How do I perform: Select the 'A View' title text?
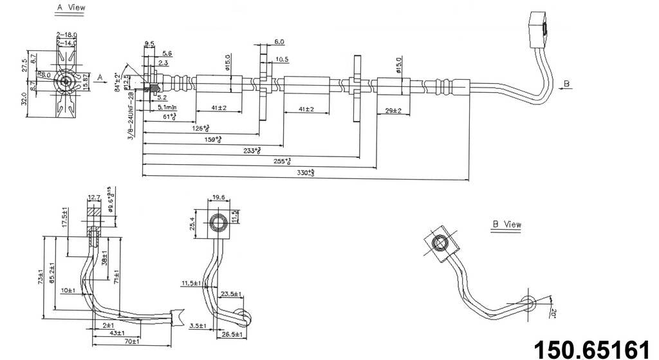71,8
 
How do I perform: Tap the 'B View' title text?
506,225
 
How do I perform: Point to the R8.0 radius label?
44,75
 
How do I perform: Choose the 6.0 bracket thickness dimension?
279,42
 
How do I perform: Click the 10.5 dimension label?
281,59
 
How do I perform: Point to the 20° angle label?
554,314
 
